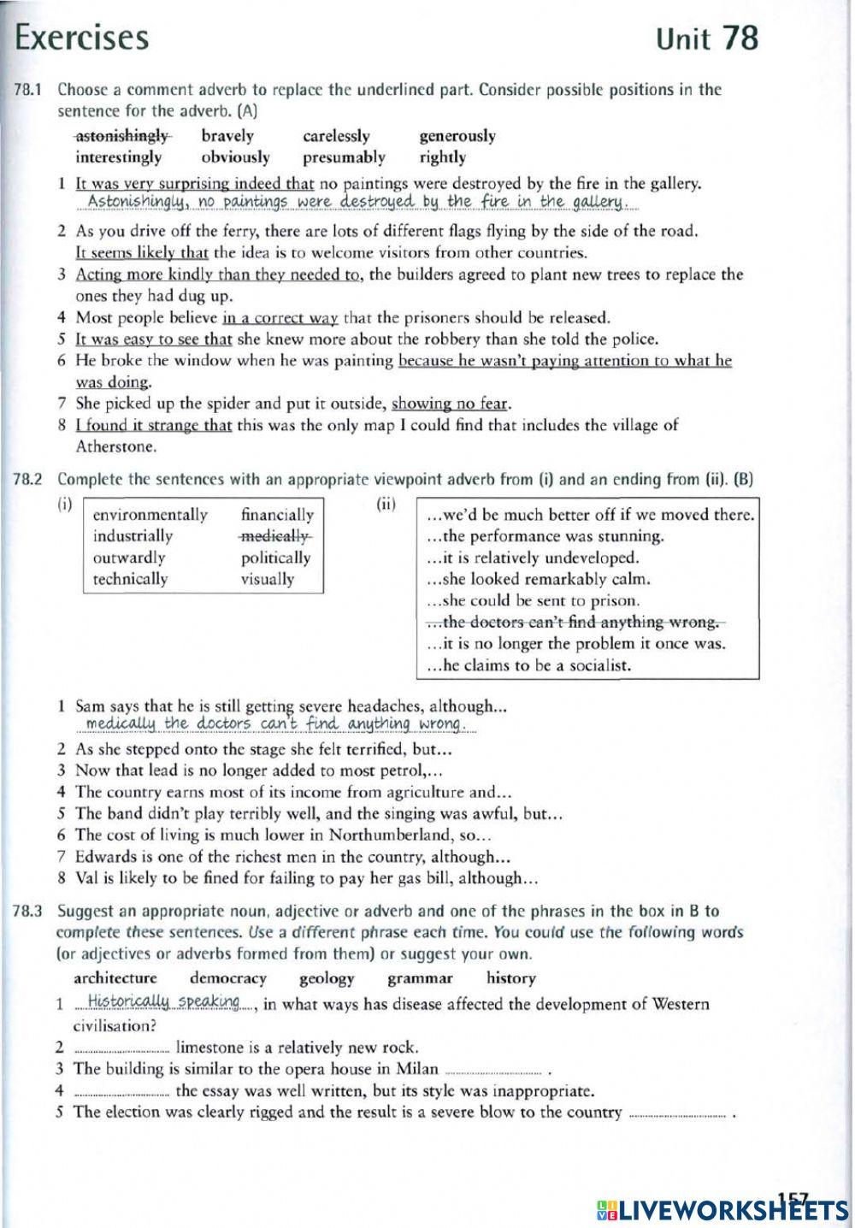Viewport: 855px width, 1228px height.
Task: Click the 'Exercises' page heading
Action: tap(82, 38)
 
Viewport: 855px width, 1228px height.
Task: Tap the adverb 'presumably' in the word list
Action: tap(344, 157)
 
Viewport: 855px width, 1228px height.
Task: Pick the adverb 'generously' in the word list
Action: tap(457, 136)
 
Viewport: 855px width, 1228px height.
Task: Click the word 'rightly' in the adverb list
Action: tap(442, 157)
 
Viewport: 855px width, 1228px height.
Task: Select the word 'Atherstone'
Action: tap(115, 446)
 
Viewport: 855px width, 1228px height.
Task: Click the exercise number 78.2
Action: tap(28, 480)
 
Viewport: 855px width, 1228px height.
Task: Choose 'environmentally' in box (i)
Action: tap(150, 515)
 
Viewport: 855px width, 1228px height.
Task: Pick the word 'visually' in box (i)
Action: tap(267, 579)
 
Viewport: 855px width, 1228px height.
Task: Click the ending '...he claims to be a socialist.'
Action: tap(528, 665)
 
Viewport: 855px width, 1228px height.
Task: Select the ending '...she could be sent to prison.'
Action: tap(532, 601)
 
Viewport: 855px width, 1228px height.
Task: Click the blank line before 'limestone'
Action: tap(121, 1048)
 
